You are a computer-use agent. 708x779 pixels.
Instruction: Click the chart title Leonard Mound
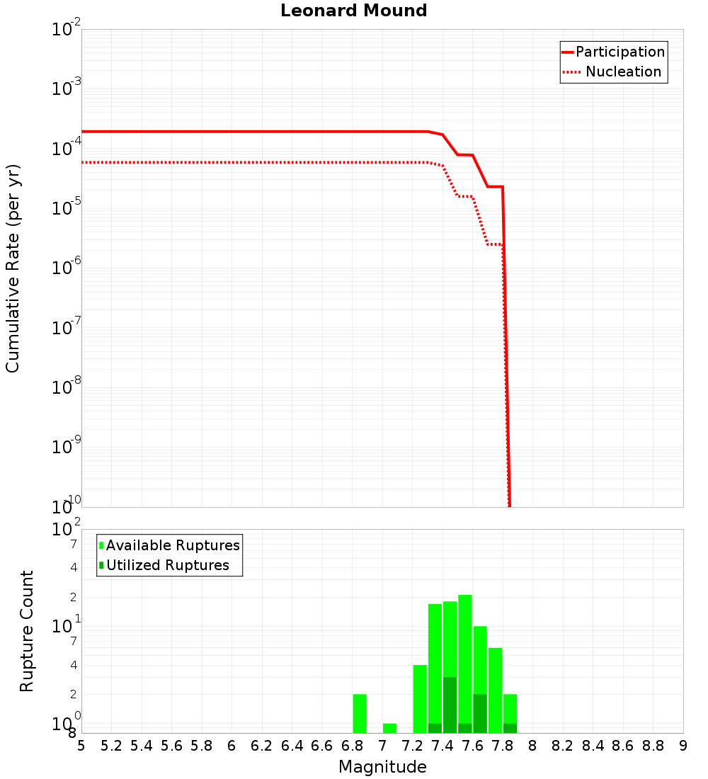354,11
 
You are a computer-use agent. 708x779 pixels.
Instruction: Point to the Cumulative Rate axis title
13,268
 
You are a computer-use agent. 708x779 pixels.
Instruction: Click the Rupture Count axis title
27,631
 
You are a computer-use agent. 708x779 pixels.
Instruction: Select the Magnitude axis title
382,767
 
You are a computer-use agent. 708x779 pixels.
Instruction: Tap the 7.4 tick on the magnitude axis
442,746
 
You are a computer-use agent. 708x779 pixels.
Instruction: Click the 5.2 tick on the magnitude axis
111,746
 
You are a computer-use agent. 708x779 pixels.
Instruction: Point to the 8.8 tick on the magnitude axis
653,746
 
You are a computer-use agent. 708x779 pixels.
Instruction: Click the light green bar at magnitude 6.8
360,713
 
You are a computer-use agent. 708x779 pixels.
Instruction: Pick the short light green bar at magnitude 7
389,728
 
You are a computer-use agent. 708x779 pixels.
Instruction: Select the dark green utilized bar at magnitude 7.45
450,705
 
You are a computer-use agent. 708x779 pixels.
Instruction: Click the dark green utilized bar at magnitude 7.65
480,713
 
